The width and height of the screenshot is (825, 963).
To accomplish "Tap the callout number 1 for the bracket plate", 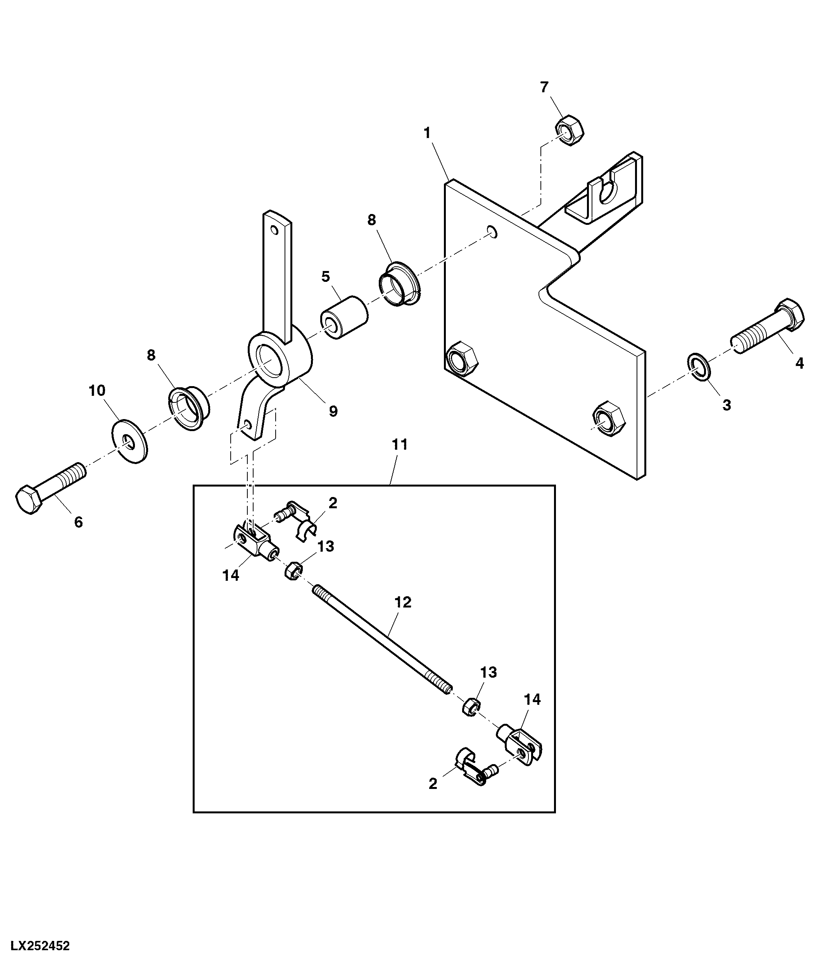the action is click(x=427, y=133).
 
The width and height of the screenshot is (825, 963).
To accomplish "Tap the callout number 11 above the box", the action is click(x=400, y=445).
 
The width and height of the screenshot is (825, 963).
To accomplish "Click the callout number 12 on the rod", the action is click(x=402, y=602).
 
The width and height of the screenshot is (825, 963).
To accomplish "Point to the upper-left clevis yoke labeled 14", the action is click(x=255, y=540).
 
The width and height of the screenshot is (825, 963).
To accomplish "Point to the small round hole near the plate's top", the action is click(x=493, y=231).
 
